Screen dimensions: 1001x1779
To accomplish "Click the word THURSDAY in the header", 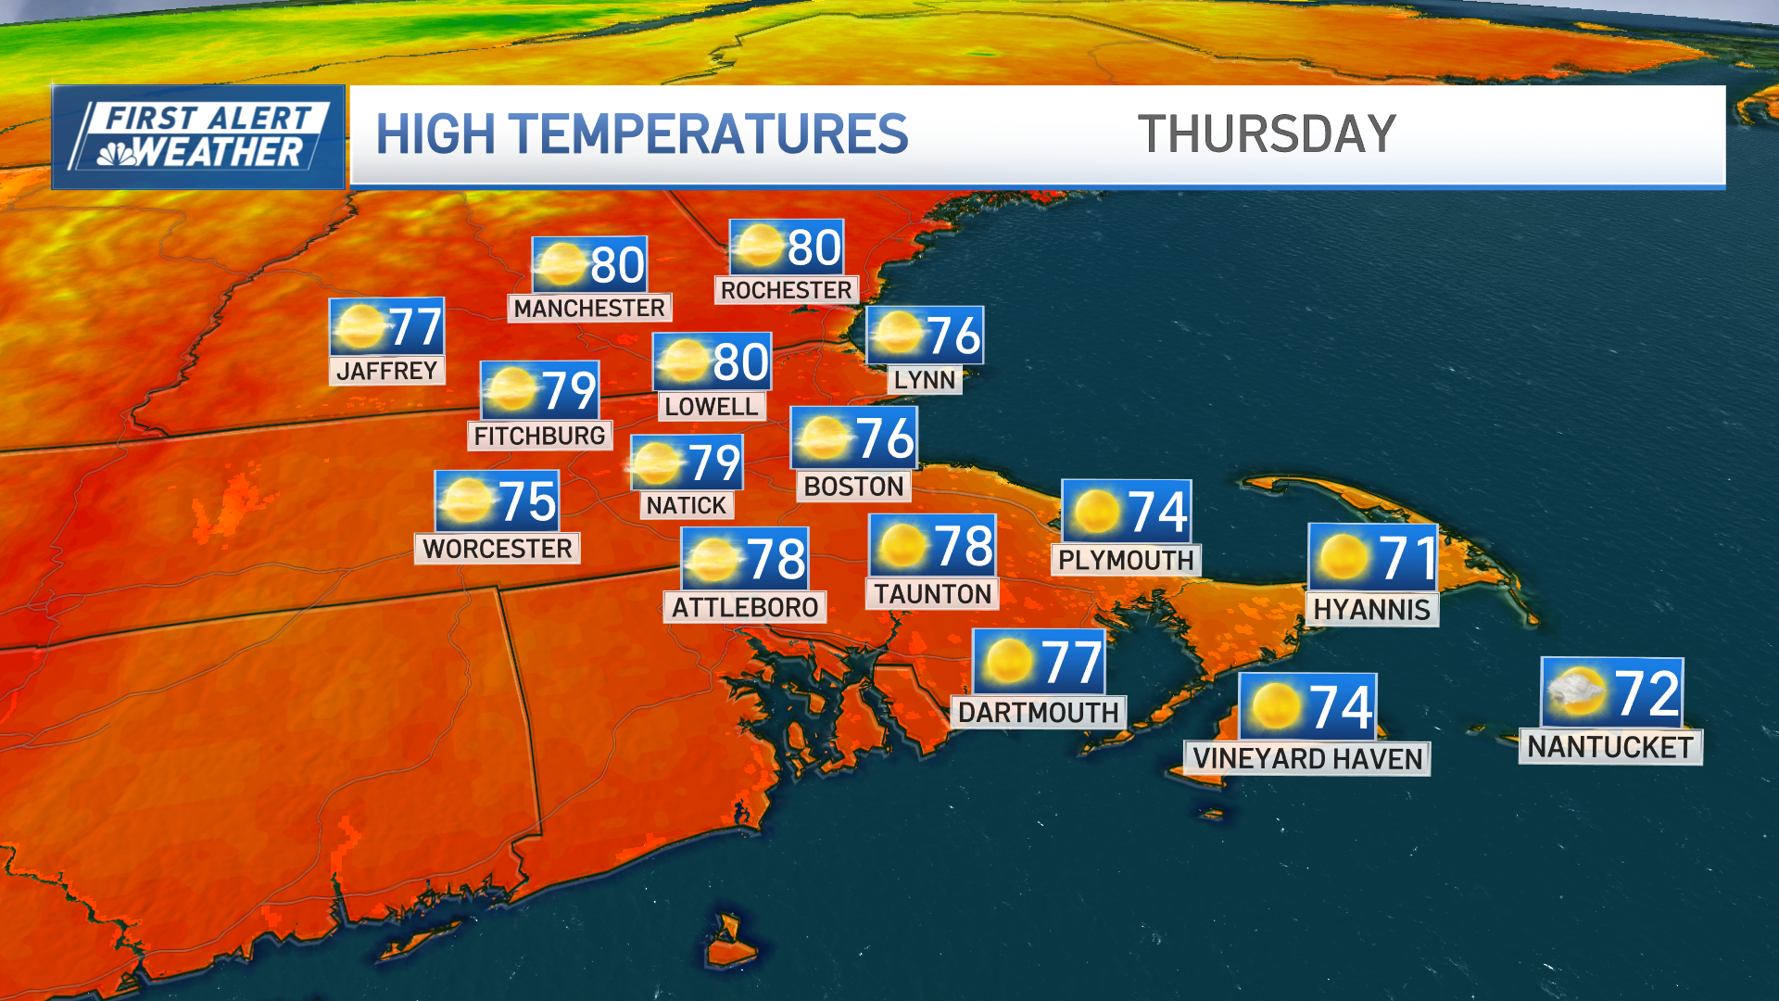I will click(x=1266, y=134).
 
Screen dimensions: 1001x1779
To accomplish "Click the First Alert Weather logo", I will click(x=199, y=137).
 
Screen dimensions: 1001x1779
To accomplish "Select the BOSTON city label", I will click(x=853, y=487).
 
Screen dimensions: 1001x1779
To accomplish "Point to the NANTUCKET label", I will click(x=1610, y=747).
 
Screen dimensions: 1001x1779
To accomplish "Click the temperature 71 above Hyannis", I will click(x=1407, y=559).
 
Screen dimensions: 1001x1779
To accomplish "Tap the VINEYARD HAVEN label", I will click(x=1307, y=759).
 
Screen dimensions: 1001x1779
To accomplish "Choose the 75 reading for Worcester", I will click(x=527, y=502).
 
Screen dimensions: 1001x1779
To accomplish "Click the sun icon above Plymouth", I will click(x=1096, y=512).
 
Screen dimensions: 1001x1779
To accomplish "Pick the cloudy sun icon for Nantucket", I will click(x=1577, y=692).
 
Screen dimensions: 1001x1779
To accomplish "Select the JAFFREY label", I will click(x=386, y=371).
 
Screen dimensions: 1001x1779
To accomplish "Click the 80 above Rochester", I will click(x=814, y=248).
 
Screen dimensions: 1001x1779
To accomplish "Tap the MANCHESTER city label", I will click(x=589, y=308).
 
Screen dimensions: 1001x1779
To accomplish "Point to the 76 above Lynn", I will click(x=953, y=336).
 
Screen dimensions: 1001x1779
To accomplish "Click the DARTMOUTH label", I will click(x=1038, y=713).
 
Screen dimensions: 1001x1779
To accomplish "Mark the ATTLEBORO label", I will click(x=745, y=608).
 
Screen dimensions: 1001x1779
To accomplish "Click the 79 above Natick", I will click(x=713, y=463).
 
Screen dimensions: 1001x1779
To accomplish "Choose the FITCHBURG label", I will click(x=539, y=436).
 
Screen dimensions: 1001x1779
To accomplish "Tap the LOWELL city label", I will click(x=711, y=407).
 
